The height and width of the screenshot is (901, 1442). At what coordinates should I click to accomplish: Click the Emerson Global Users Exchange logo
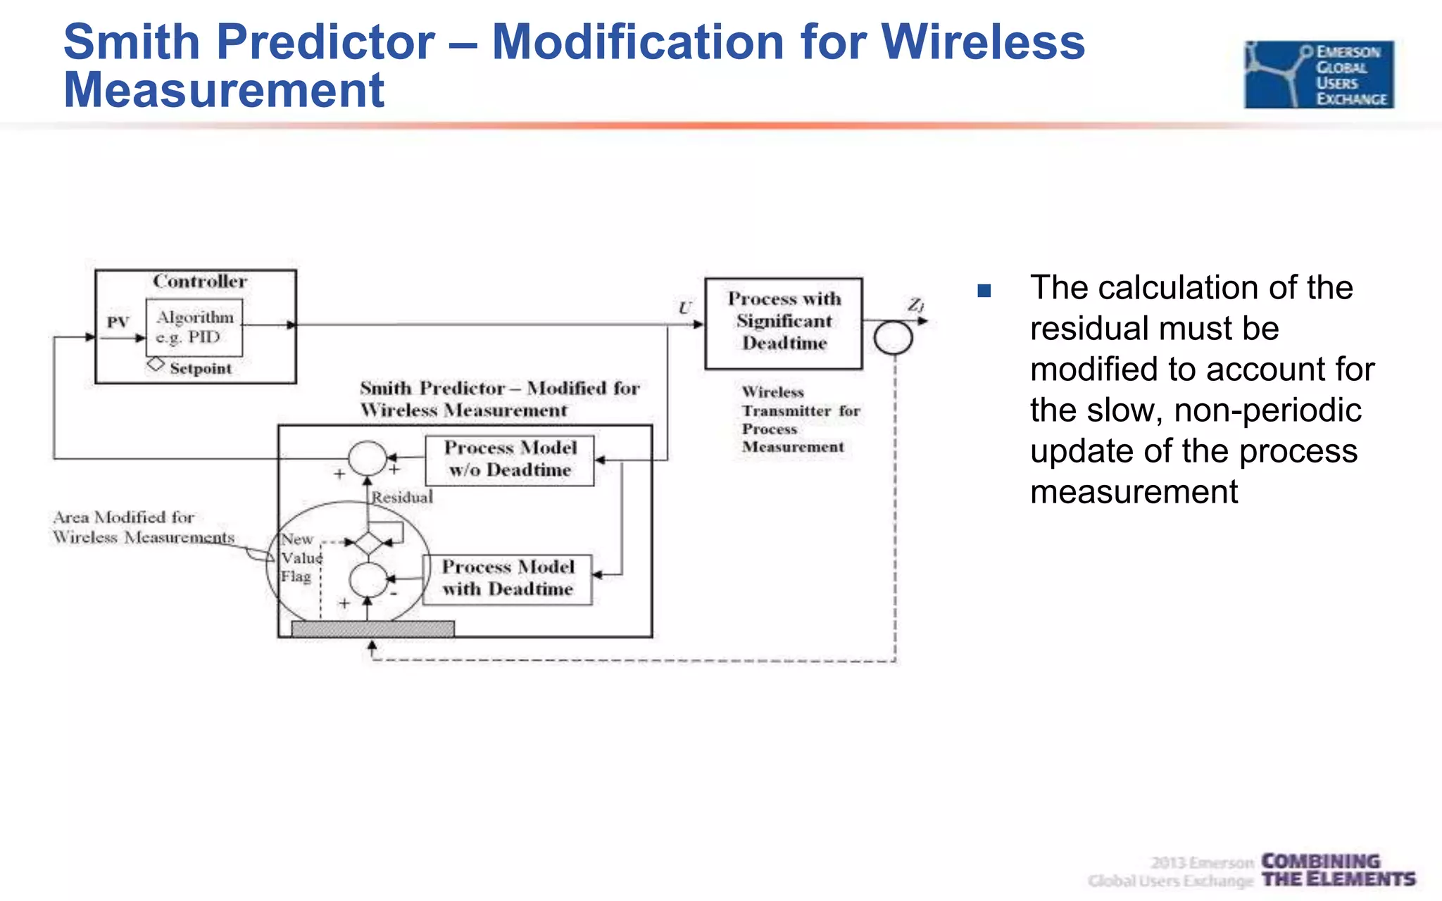1318,74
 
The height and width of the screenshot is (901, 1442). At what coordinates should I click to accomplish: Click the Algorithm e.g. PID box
194,327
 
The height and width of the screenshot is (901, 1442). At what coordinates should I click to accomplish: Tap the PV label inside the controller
118,322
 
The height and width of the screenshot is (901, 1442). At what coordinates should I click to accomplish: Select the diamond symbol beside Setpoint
156,365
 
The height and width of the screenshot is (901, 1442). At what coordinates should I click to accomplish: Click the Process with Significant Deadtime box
784,323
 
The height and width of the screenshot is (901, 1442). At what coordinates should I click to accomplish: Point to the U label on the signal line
684,308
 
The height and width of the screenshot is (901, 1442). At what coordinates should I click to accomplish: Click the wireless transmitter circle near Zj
893,337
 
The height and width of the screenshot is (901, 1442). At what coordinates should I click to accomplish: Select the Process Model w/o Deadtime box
510,460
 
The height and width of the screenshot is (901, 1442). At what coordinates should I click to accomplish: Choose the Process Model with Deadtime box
507,579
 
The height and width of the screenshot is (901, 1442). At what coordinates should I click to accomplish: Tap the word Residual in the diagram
402,497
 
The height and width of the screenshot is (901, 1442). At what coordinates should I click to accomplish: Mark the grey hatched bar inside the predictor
372,629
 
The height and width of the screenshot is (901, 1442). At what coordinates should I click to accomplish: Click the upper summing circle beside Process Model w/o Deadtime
367,458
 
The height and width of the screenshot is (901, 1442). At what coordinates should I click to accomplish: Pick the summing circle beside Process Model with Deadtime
368,580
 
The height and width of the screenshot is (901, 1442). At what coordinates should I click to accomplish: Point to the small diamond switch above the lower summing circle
368,543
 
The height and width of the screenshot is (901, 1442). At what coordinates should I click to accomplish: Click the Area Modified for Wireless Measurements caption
143,527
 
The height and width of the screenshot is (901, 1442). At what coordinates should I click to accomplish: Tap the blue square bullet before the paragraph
984,290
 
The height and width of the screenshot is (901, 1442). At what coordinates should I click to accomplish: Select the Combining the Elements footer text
1337,870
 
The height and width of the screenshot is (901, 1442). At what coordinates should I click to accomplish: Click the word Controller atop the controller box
200,282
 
